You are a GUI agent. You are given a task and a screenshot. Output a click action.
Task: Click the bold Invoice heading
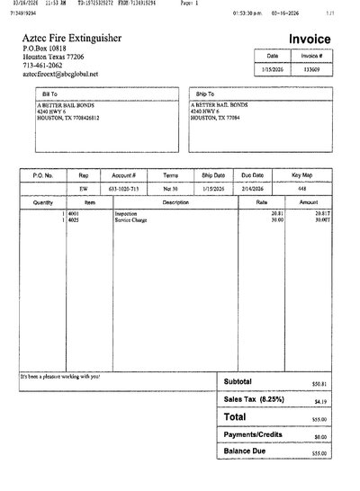(309, 40)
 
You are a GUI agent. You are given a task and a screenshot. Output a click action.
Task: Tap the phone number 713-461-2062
(41, 65)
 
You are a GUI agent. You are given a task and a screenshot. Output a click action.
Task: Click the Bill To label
(45, 92)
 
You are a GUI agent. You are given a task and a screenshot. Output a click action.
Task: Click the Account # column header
(123, 175)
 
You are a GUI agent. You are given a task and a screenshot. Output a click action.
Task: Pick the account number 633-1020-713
(124, 190)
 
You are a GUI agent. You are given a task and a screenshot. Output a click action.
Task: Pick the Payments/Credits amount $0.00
(320, 436)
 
